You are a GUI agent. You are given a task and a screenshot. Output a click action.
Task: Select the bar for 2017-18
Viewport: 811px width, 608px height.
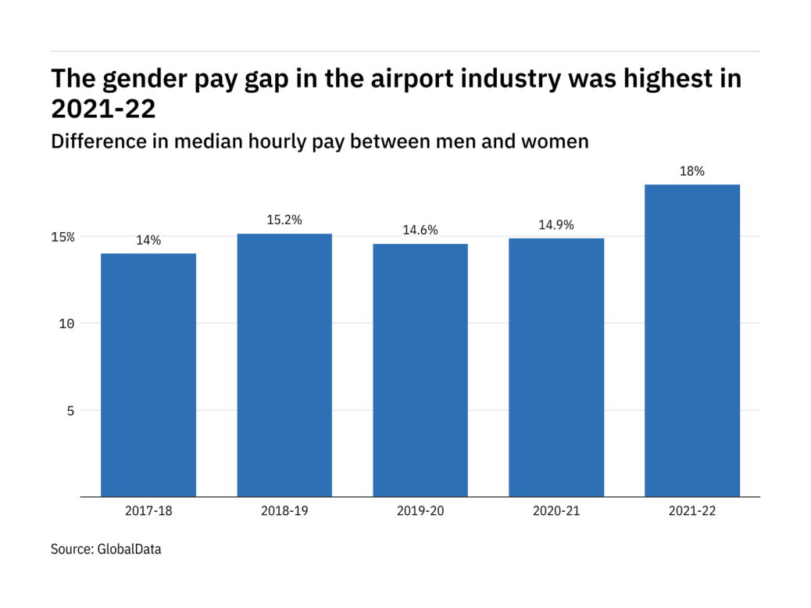click(x=148, y=375)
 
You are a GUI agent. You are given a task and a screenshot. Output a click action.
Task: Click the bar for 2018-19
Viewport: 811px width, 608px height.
click(x=284, y=365)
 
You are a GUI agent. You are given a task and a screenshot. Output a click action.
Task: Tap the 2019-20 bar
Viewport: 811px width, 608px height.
click(x=420, y=370)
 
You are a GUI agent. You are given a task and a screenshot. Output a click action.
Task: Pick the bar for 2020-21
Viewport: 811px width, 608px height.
click(x=556, y=367)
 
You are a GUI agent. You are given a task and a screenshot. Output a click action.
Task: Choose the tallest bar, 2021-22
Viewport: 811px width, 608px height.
click(x=692, y=341)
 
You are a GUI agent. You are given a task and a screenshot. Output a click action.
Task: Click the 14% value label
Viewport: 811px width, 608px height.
click(x=148, y=241)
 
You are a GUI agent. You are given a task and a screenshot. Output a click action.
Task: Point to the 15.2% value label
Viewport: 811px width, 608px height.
click(x=284, y=220)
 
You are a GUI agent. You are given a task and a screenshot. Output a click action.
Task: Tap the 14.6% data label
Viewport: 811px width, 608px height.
click(x=420, y=231)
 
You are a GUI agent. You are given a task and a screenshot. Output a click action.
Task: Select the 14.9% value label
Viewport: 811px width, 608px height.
click(x=556, y=225)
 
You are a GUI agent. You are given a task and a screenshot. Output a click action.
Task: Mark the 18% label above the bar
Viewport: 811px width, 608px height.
click(x=692, y=171)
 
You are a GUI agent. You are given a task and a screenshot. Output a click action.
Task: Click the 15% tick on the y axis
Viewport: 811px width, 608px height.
click(x=63, y=237)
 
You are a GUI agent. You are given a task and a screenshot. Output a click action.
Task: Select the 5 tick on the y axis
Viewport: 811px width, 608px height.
click(x=70, y=410)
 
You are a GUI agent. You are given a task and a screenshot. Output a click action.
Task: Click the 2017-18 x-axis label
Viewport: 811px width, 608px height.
click(x=148, y=512)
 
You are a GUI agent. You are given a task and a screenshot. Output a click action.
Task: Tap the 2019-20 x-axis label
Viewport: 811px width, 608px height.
click(x=420, y=512)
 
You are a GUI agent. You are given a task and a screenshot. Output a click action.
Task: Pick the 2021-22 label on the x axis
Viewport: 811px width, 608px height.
click(x=692, y=512)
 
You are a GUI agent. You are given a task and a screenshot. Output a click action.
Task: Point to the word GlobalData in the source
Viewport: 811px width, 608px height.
click(x=130, y=549)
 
